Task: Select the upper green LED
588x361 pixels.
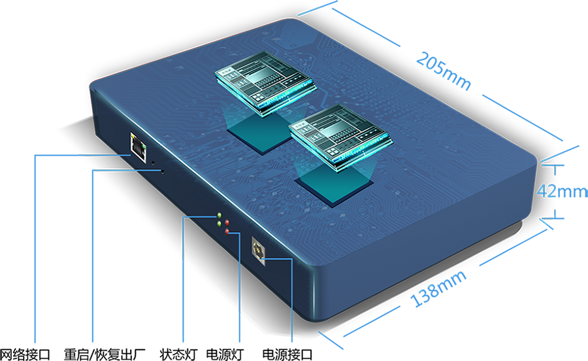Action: (220, 215)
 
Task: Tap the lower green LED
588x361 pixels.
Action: (220, 224)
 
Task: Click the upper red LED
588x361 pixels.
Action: (227, 223)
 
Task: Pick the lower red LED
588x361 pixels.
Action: (227, 232)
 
